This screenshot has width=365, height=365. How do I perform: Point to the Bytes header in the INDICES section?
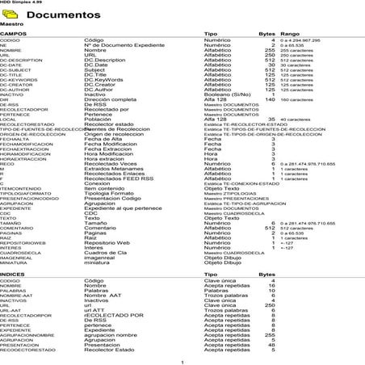pos(266,275)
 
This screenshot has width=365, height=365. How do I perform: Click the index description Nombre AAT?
pos(102,296)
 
